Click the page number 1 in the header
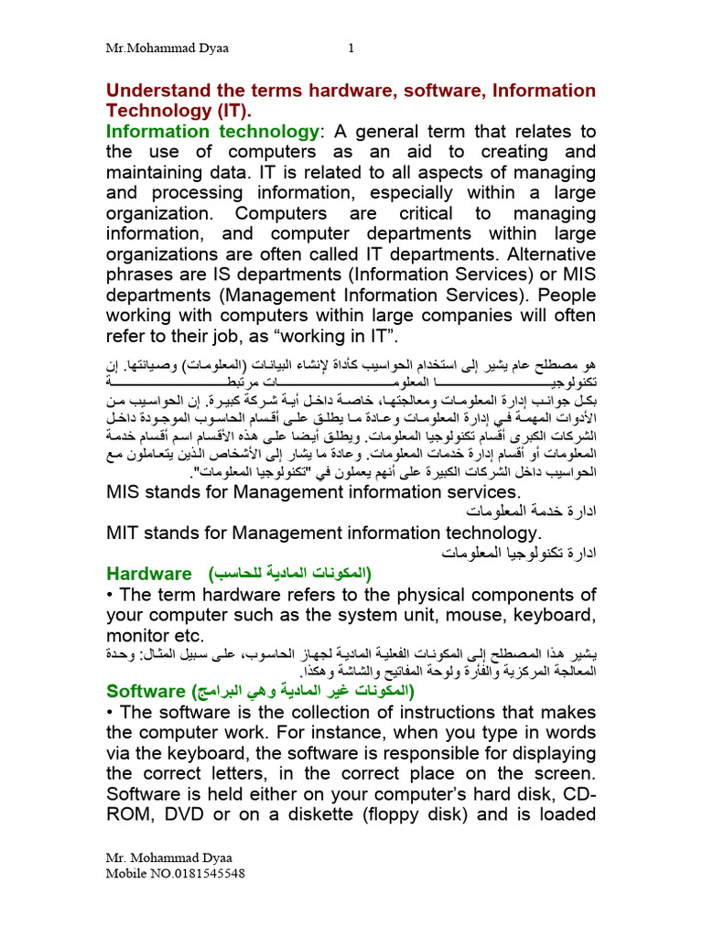351,50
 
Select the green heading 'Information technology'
211,131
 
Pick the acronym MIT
128,533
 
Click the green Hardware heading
148,574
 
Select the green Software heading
146,689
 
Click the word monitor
139,634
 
